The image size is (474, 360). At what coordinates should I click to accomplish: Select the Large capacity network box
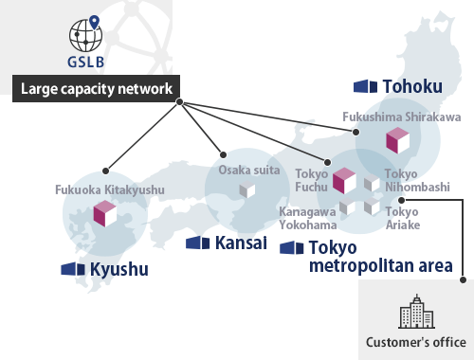click(x=94, y=90)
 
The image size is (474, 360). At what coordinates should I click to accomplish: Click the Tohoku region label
click(x=411, y=86)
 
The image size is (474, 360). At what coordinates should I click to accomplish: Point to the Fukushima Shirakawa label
click(x=401, y=117)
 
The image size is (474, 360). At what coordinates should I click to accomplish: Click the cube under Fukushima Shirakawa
click(x=397, y=141)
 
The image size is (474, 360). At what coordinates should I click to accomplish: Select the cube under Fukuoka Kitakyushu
click(x=103, y=214)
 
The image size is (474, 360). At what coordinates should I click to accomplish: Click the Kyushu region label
click(x=118, y=269)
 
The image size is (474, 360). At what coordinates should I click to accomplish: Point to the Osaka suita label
click(x=250, y=170)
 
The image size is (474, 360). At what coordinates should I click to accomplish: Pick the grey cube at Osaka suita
click(x=247, y=190)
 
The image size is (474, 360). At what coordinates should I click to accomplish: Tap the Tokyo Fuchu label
click(x=311, y=181)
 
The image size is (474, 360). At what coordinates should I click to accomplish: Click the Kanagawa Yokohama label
click(x=308, y=218)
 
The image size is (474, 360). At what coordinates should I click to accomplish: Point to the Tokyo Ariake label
click(x=402, y=218)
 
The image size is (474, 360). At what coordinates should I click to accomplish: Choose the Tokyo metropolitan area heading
click(x=379, y=257)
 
